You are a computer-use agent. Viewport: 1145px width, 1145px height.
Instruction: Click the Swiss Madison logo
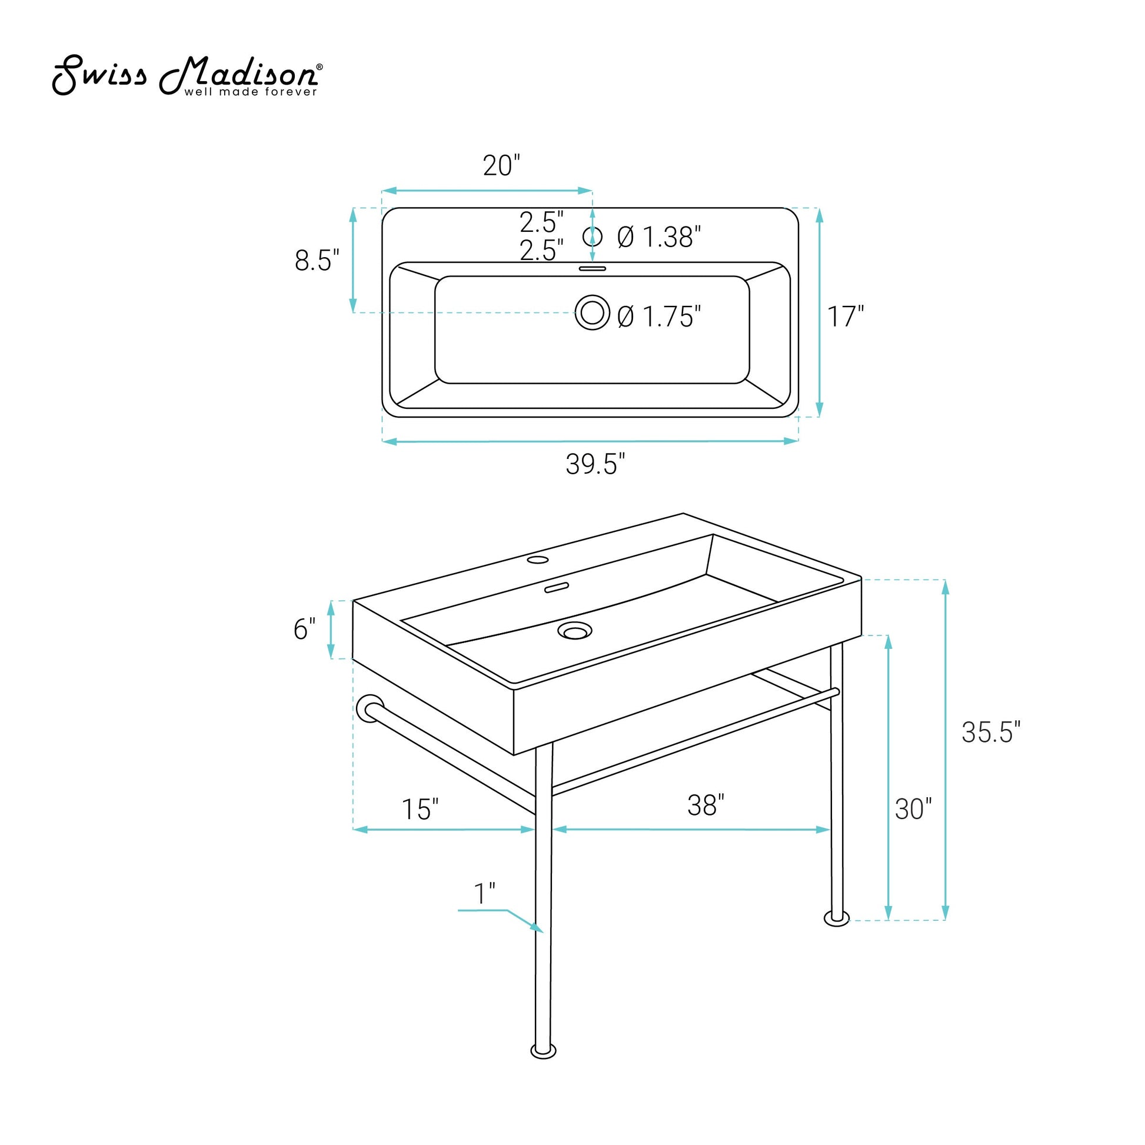[188, 76]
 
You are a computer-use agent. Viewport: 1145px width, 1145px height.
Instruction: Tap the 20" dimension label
[501, 166]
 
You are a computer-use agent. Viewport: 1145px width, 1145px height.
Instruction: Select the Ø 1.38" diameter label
[659, 237]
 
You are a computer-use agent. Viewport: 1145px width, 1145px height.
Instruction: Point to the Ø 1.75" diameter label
[659, 317]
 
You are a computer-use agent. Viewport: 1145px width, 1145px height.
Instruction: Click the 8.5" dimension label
[317, 260]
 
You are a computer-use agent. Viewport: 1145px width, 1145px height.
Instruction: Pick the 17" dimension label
[846, 317]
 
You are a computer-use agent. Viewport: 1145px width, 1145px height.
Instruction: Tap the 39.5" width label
[595, 464]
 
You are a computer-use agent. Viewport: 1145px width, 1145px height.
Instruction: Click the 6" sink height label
[305, 629]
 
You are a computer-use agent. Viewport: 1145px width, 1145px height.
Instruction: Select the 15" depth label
[420, 810]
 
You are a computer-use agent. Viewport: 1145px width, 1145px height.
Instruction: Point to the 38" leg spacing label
[706, 806]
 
